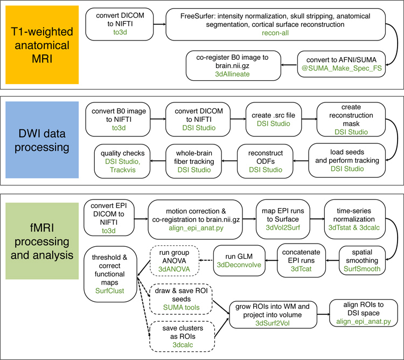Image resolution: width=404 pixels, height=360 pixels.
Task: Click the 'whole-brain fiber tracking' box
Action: (189, 160)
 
